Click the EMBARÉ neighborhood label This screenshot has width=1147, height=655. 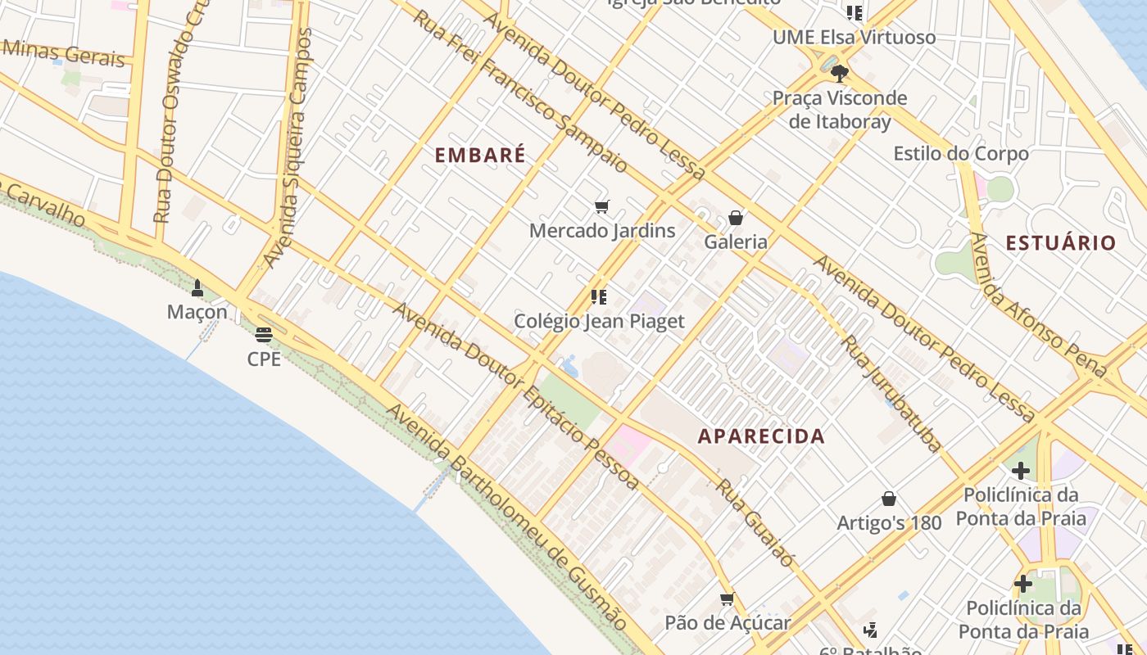479,155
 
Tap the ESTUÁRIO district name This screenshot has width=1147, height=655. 1060,242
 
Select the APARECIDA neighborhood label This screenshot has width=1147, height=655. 761,436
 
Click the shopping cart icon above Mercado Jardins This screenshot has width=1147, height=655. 602,207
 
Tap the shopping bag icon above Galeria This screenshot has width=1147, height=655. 736,218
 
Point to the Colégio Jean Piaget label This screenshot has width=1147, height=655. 599,321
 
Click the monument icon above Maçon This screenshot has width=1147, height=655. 197,288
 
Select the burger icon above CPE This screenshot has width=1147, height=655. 263,334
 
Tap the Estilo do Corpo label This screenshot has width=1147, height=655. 960,153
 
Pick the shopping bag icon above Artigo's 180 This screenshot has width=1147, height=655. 888,499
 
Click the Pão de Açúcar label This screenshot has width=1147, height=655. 728,622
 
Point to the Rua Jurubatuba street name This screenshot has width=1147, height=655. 891,394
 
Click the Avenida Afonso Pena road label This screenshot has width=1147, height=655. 1037,305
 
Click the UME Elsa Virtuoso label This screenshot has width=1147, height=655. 854,38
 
